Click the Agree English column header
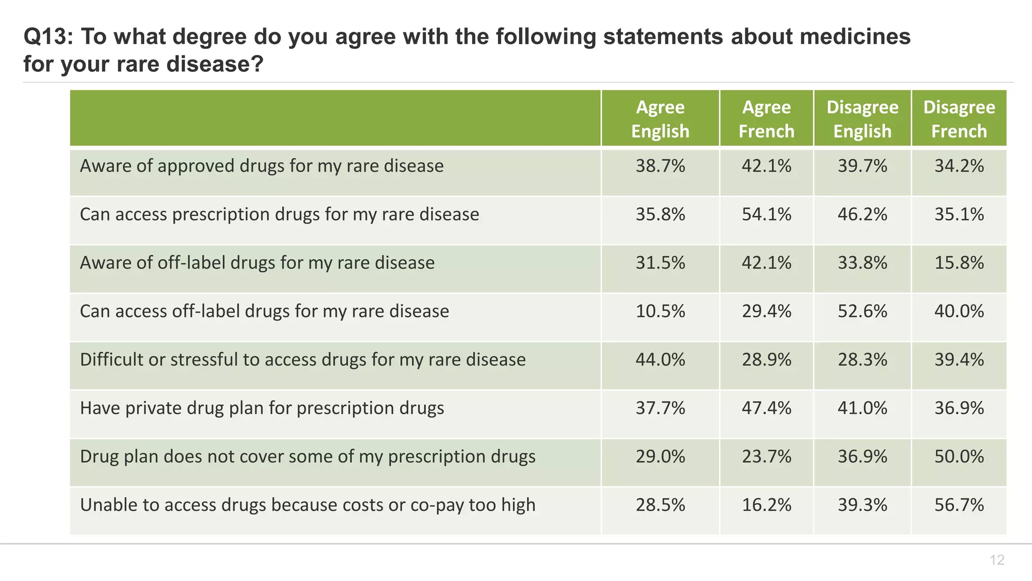pyautogui.click(x=660, y=119)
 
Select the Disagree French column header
pyautogui.click(x=959, y=119)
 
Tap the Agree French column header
pyautogui.click(x=766, y=119)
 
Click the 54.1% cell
pyautogui.click(x=766, y=214)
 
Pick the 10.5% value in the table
pyautogui.click(x=660, y=311)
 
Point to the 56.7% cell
pyautogui.click(x=959, y=505)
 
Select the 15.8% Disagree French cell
pyautogui.click(x=959, y=263)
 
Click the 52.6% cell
pyautogui.click(x=862, y=311)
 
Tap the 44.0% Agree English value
pyautogui.click(x=660, y=360)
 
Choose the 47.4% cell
pyautogui.click(x=766, y=408)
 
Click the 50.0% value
pyautogui.click(x=959, y=456)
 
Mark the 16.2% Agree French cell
pyautogui.click(x=766, y=505)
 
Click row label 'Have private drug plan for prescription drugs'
pyautogui.click(x=262, y=408)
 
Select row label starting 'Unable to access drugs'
pyautogui.click(x=307, y=505)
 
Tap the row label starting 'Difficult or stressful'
pyautogui.click(x=302, y=360)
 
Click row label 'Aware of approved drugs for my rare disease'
pyautogui.click(x=262, y=166)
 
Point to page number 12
pyautogui.click(x=997, y=560)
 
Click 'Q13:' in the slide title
pyautogui.click(x=48, y=37)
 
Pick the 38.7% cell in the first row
pyautogui.click(x=660, y=166)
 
